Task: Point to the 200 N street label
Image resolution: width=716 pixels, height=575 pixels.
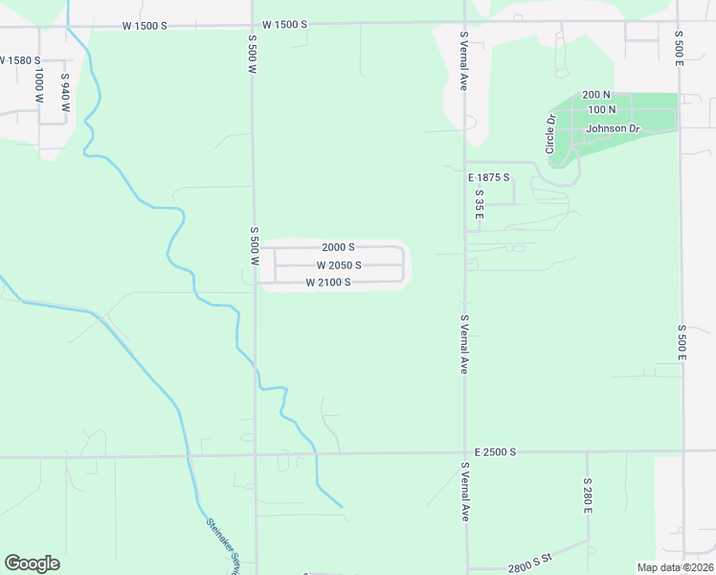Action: click(x=595, y=95)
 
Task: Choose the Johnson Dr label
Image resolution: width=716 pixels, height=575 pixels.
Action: click(x=613, y=128)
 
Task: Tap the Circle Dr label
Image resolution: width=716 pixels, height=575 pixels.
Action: click(x=550, y=134)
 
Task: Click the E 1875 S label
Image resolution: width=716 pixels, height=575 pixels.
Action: click(x=488, y=178)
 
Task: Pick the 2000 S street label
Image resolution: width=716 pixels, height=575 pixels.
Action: click(x=338, y=247)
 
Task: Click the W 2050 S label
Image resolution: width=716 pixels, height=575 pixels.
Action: click(x=339, y=265)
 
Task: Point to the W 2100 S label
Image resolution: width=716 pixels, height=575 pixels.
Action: click(x=327, y=283)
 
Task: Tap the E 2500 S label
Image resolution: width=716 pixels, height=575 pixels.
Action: click(x=495, y=451)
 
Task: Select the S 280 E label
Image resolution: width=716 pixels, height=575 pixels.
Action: click(x=588, y=496)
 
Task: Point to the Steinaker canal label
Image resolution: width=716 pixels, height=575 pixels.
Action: click(x=222, y=546)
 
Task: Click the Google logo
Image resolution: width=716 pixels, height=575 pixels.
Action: click(x=33, y=563)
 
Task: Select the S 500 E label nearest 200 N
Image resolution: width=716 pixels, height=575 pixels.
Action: click(x=679, y=47)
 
